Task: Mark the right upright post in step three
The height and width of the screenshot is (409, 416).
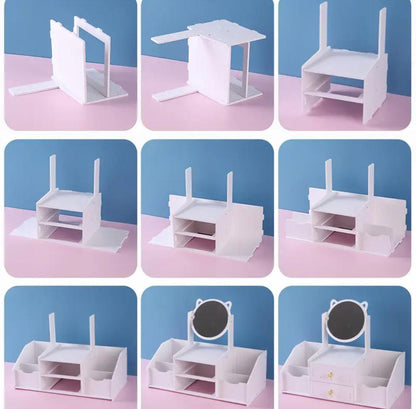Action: [x=382, y=32]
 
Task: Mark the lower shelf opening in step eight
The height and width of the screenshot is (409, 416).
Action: [x=195, y=386]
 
